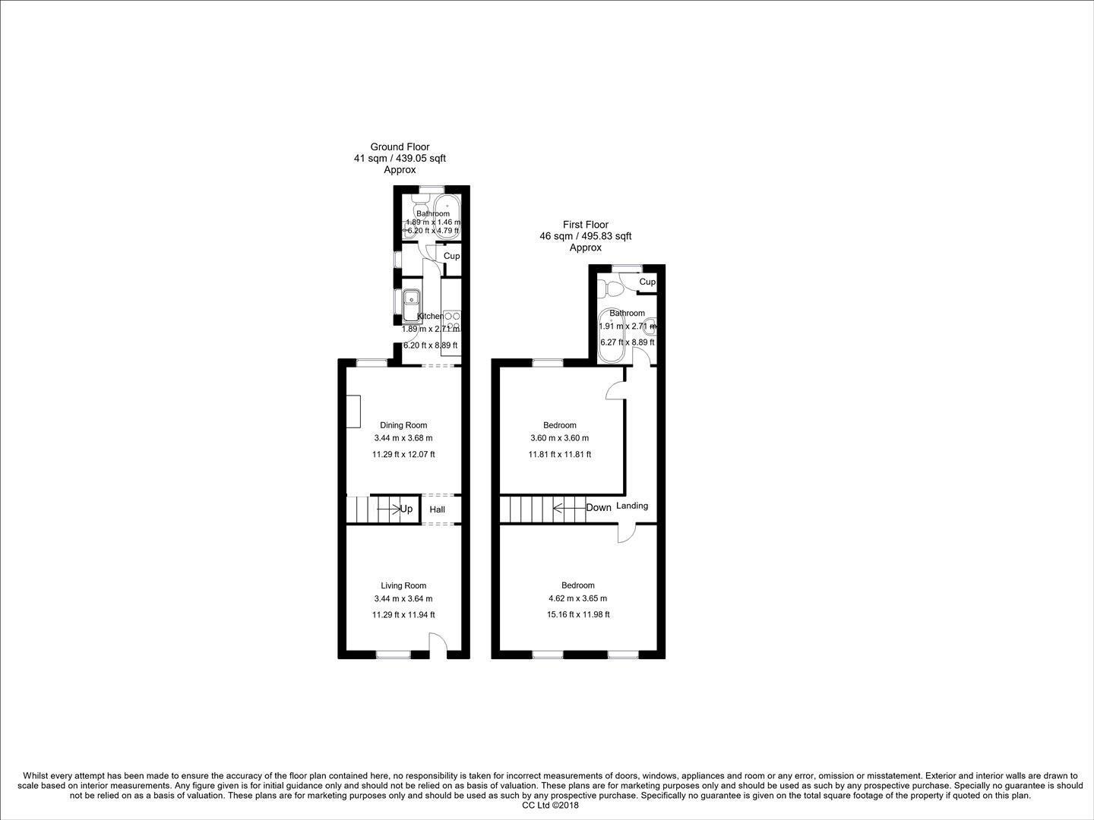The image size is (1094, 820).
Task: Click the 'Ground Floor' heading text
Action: click(400, 147)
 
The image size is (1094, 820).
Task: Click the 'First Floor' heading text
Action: click(585, 225)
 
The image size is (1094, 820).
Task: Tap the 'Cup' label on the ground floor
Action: click(451, 256)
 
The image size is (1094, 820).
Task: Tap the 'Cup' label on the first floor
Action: click(647, 282)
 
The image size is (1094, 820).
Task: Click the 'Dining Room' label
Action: click(403, 425)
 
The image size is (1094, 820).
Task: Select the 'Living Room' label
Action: click(403, 585)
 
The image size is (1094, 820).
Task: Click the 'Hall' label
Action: click(437, 509)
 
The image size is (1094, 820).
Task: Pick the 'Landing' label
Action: click(632, 506)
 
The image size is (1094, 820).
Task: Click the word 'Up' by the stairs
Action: click(406, 509)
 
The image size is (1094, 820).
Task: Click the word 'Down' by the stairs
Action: click(599, 507)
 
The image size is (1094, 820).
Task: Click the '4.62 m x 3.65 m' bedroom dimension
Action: click(577, 598)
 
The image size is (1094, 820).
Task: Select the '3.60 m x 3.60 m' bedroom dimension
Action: click(559, 438)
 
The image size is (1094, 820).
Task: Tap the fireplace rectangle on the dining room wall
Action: click(353, 411)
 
